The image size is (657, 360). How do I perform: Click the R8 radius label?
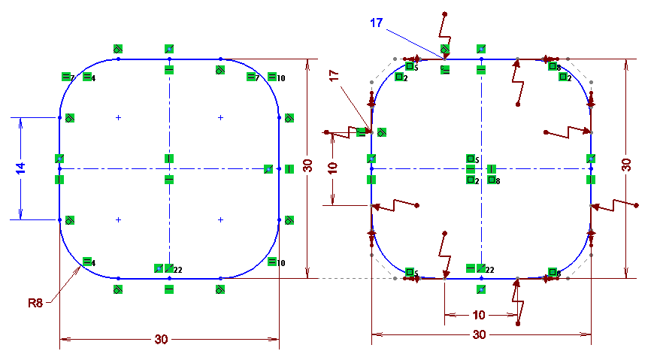pos(35,303)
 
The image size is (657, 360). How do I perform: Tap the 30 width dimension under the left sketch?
pos(161,339)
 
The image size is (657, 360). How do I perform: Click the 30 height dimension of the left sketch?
pos(307,166)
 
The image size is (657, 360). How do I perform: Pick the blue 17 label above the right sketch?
pos(377,23)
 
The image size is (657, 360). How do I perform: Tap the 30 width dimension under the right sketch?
pos(479,335)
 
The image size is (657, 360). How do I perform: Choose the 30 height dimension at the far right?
pos(626,165)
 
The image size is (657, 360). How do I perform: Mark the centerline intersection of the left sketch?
pos(169,168)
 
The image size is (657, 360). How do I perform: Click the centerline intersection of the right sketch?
pos(481,168)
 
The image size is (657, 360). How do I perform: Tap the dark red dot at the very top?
pos(445,14)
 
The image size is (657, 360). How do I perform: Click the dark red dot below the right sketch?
pos(518,324)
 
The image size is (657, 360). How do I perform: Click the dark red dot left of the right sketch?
pos(327,132)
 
